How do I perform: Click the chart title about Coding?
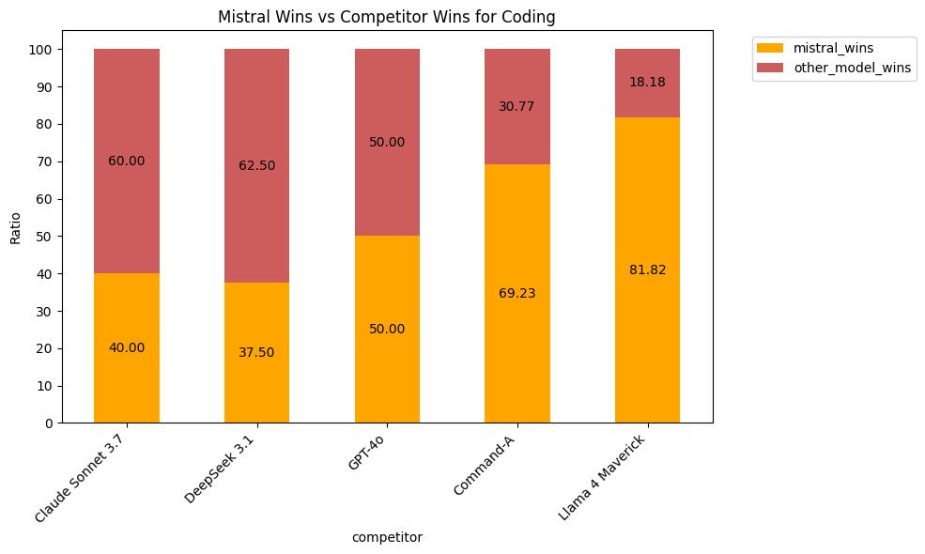click(x=386, y=17)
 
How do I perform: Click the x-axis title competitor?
click(x=386, y=537)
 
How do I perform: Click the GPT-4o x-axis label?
click(x=367, y=456)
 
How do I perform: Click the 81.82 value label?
click(x=647, y=270)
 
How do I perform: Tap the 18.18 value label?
click(x=647, y=83)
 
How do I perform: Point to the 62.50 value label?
click(x=256, y=166)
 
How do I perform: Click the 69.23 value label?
click(x=516, y=294)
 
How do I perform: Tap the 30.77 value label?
click(x=516, y=107)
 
